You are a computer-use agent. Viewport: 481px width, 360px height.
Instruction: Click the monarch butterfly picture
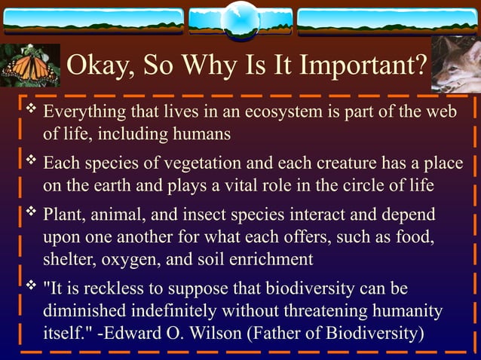pyautogui.click(x=28, y=66)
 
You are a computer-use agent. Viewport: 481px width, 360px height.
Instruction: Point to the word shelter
pyautogui.click(x=67, y=258)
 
